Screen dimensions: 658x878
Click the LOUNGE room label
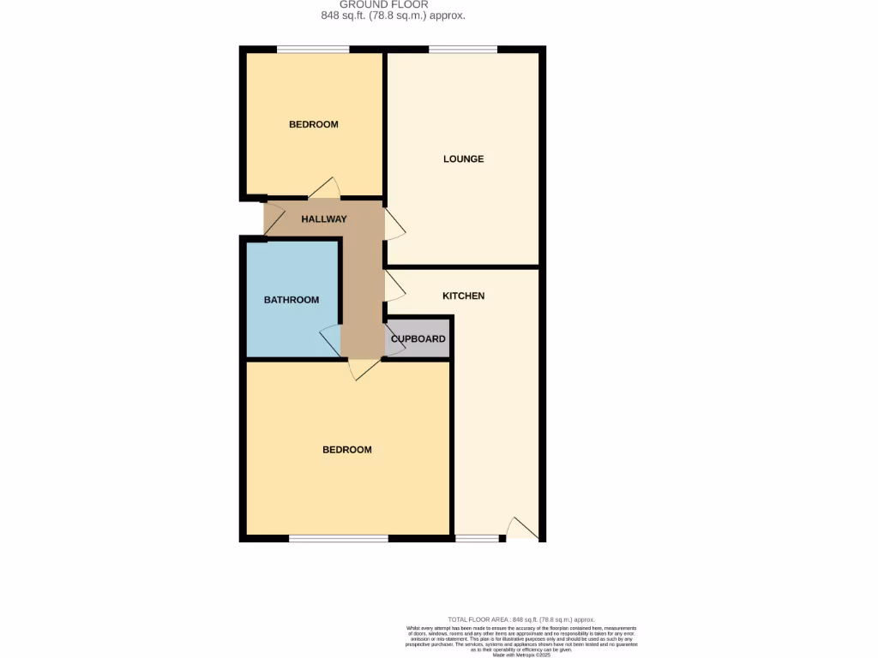pos(463,159)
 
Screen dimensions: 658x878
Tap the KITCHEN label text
pos(463,296)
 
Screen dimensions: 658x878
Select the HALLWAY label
pos(323,219)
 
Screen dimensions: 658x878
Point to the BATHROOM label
pos(291,300)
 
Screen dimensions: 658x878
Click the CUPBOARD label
pos(418,339)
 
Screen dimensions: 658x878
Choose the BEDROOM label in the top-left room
pos(313,124)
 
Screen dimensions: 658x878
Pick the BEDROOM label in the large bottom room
pos(346,450)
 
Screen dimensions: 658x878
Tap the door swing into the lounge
pos(394,224)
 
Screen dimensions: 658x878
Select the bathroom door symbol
pos(330,340)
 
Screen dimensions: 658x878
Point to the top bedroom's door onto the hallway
pos(325,188)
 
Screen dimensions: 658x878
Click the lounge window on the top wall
pos(463,50)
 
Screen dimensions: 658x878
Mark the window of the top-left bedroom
pos(313,50)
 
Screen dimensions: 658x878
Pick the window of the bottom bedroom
pos(338,539)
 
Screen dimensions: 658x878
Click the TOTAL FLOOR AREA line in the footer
pos(520,619)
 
